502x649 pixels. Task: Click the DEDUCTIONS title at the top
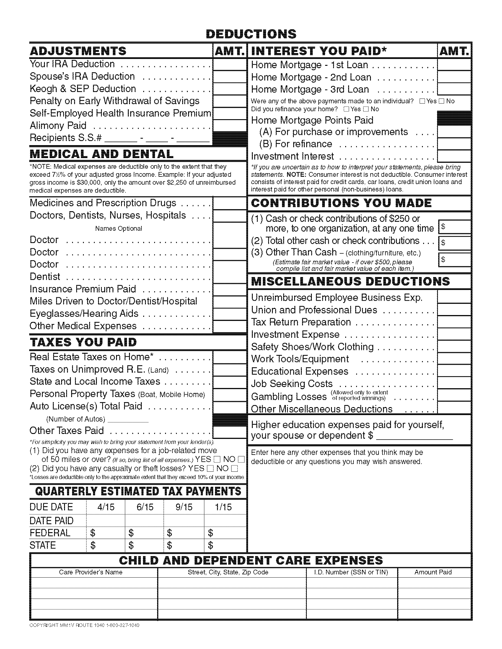[x=251, y=34]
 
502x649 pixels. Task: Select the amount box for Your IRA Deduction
[x=229, y=64]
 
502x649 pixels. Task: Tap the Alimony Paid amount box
[x=229, y=125]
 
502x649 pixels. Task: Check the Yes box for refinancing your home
[x=346, y=109]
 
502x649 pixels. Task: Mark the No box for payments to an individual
[x=441, y=101]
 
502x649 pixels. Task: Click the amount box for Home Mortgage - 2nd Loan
[x=454, y=77]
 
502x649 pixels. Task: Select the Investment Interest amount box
[x=454, y=156]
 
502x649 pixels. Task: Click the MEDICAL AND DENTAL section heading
[x=101, y=154]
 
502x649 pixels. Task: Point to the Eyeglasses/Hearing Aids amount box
[x=229, y=314]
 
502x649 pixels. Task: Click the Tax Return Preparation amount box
[x=454, y=322]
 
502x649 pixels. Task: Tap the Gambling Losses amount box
[x=454, y=396]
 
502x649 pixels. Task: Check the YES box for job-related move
[x=217, y=460]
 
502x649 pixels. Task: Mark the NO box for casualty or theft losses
[x=235, y=469]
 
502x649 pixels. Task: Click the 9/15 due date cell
[x=184, y=507]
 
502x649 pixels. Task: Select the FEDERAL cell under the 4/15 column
[x=106, y=533]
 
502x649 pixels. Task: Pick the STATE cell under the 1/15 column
[x=225, y=545]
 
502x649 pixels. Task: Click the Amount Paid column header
[x=433, y=572]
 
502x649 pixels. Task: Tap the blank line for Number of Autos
[x=128, y=419]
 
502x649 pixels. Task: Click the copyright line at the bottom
[x=84, y=625]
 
